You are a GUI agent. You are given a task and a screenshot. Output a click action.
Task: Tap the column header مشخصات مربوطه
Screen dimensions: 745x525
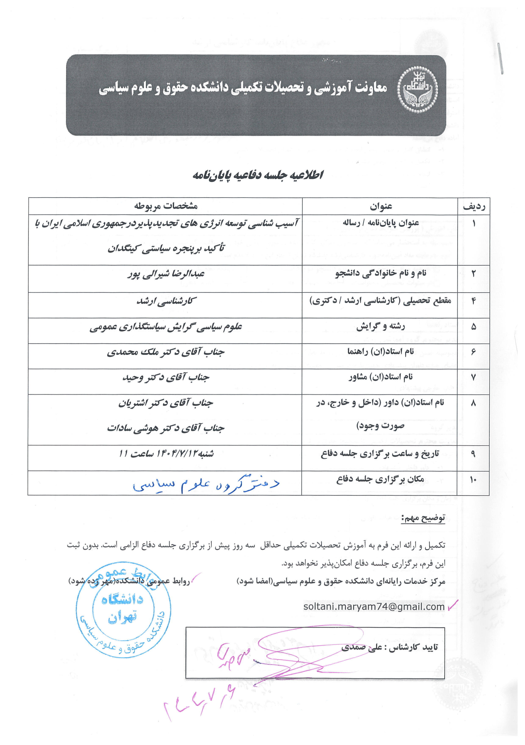click(x=166, y=206)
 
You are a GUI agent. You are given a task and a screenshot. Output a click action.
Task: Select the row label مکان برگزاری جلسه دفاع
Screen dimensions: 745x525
click(x=380, y=479)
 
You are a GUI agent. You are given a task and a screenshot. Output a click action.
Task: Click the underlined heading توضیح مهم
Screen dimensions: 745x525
click(x=423, y=518)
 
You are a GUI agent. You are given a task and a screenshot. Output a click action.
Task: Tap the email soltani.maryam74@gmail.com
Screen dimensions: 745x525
click(x=374, y=607)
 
